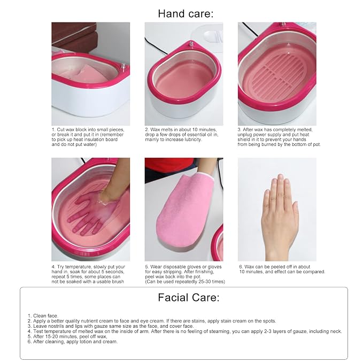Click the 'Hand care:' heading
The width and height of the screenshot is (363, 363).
click(186, 14)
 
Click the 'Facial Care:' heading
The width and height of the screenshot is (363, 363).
click(188, 297)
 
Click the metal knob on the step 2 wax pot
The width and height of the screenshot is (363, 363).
click(191, 43)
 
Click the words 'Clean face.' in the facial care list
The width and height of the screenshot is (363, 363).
click(45, 316)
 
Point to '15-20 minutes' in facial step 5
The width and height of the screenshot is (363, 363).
click(60, 336)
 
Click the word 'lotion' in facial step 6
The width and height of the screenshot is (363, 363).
click(86, 342)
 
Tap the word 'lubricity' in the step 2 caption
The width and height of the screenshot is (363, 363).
click(192, 140)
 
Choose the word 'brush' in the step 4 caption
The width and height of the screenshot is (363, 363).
click(118, 282)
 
